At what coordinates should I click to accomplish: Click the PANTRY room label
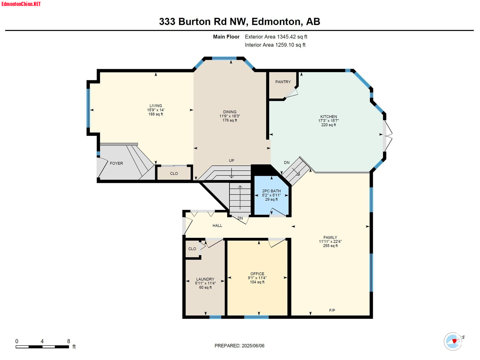283,82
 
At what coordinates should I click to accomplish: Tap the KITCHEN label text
328,116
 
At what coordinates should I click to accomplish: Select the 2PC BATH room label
271,191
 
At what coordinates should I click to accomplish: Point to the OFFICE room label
257,274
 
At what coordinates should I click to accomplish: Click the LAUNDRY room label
205,279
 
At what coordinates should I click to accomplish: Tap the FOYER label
116,163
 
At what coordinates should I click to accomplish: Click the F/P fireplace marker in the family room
332,310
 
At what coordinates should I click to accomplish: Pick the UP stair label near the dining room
231,160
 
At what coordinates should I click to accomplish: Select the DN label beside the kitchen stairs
287,162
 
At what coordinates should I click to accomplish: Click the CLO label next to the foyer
174,173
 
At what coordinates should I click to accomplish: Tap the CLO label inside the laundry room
192,249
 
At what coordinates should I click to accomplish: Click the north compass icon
453,341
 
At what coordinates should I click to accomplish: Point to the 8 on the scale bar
68,341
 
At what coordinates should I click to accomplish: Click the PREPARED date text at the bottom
239,346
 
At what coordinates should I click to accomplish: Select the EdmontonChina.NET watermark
21,4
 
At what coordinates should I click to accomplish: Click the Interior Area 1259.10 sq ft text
275,45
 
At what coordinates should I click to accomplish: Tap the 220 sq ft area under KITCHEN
328,125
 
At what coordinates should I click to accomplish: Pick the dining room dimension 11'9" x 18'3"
229,116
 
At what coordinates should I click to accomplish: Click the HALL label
217,225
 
